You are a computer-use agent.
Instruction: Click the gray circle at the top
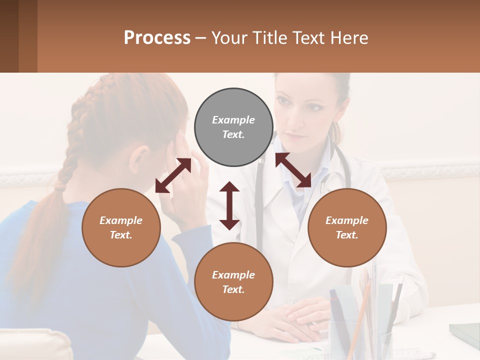[233, 127]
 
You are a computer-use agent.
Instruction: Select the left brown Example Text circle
[121, 227]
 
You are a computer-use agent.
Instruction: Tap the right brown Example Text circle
[347, 227]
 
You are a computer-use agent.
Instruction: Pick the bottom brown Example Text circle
[233, 282]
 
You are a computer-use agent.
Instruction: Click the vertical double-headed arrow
[229, 205]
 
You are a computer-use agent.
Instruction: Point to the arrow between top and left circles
[173, 175]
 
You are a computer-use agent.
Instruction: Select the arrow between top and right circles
[293, 170]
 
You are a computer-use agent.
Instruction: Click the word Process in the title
[157, 37]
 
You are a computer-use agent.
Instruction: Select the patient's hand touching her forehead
[187, 165]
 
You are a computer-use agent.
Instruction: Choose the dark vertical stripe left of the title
[9, 36]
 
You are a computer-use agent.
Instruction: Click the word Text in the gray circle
[233, 134]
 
